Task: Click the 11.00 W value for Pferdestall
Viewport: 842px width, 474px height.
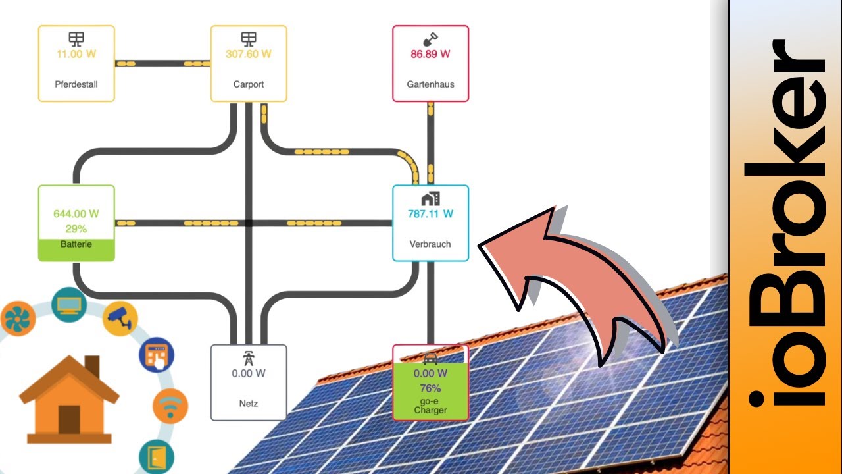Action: point(76,54)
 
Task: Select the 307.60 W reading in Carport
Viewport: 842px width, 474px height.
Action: point(249,54)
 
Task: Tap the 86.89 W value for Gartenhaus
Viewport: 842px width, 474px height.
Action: point(430,54)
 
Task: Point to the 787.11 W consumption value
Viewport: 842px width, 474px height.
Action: point(430,213)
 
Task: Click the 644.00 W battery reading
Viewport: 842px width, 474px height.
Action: point(76,213)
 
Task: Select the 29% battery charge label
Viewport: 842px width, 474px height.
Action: point(76,228)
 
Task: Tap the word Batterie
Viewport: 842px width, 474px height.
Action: point(76,244)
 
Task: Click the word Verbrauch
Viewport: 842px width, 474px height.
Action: point(430,244)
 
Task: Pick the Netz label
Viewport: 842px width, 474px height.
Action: point(249,403)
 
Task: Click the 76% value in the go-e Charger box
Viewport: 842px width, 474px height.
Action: point(430,388)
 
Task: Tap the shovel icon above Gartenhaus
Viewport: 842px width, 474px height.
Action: point(430,39)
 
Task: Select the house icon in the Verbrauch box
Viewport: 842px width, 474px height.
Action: point(430,198)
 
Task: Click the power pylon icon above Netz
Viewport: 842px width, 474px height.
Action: point(249,358)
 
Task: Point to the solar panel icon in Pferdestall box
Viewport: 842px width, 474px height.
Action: point(76,39)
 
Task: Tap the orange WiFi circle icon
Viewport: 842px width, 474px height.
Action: point(170,406)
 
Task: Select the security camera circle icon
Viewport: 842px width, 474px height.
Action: point(120,317)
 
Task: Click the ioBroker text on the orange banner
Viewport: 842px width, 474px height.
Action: point(787,224)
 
